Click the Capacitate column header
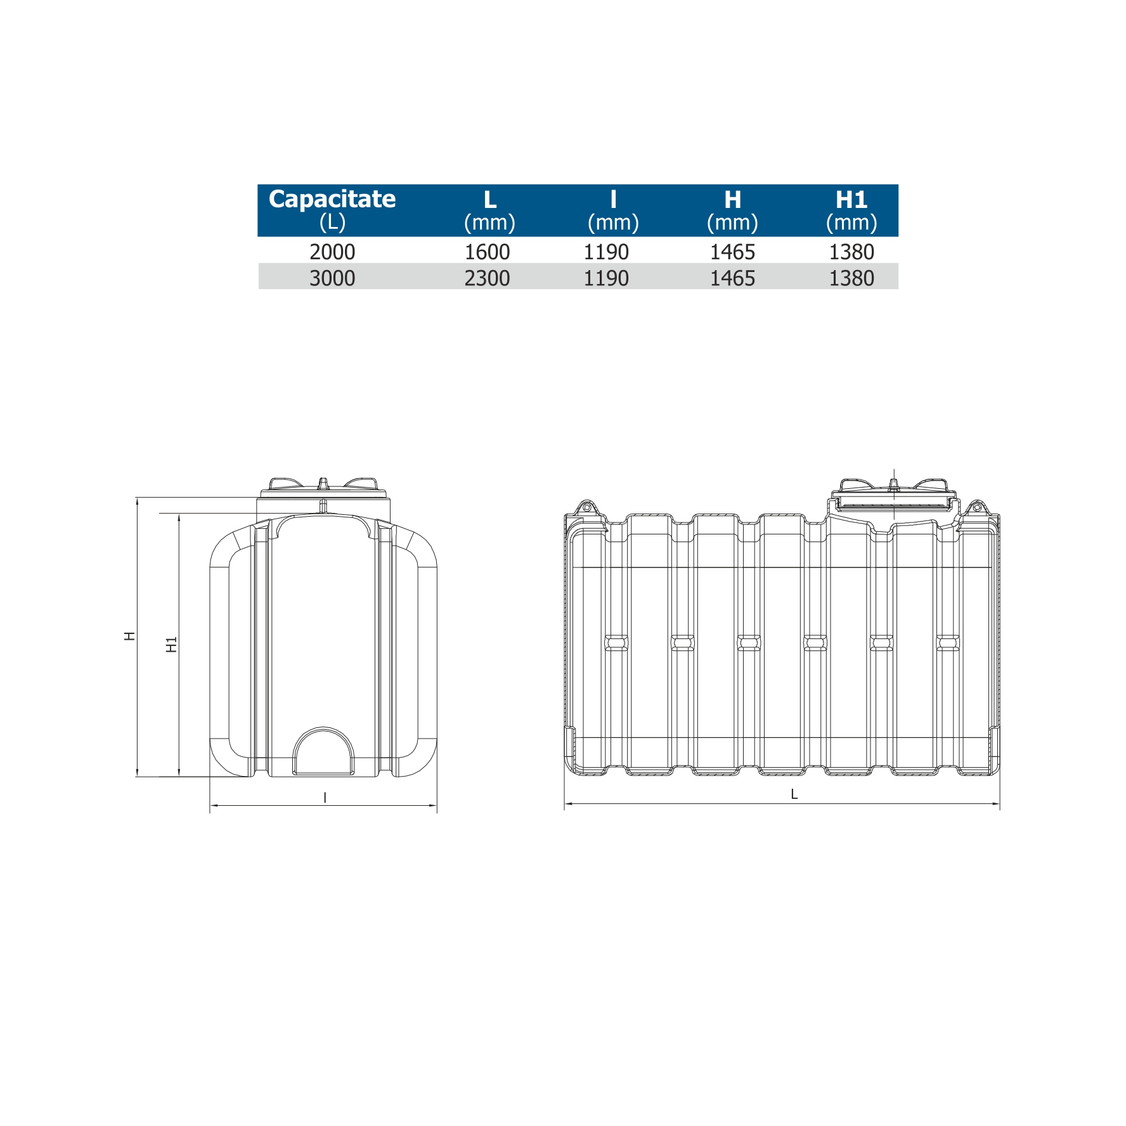pyautogui.click(x=332, y=210)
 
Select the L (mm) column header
pyautogui.click(x=489, y=210)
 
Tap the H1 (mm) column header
pyautogui.click(x=851, y=210)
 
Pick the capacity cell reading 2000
pyautogui.click(x=332, y=252)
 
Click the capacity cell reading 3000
pyautogui.click(x=332, y=278)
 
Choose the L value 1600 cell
pyautogui.click(x=487, y=252)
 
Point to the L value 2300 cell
pyautogui.click(x=487, y=278)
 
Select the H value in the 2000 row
pyautogui.click(x=732, y=252)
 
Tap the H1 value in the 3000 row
pyautogui.click(x=851, y=278)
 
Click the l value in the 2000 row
pyautogui.click(x=606, y=252)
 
